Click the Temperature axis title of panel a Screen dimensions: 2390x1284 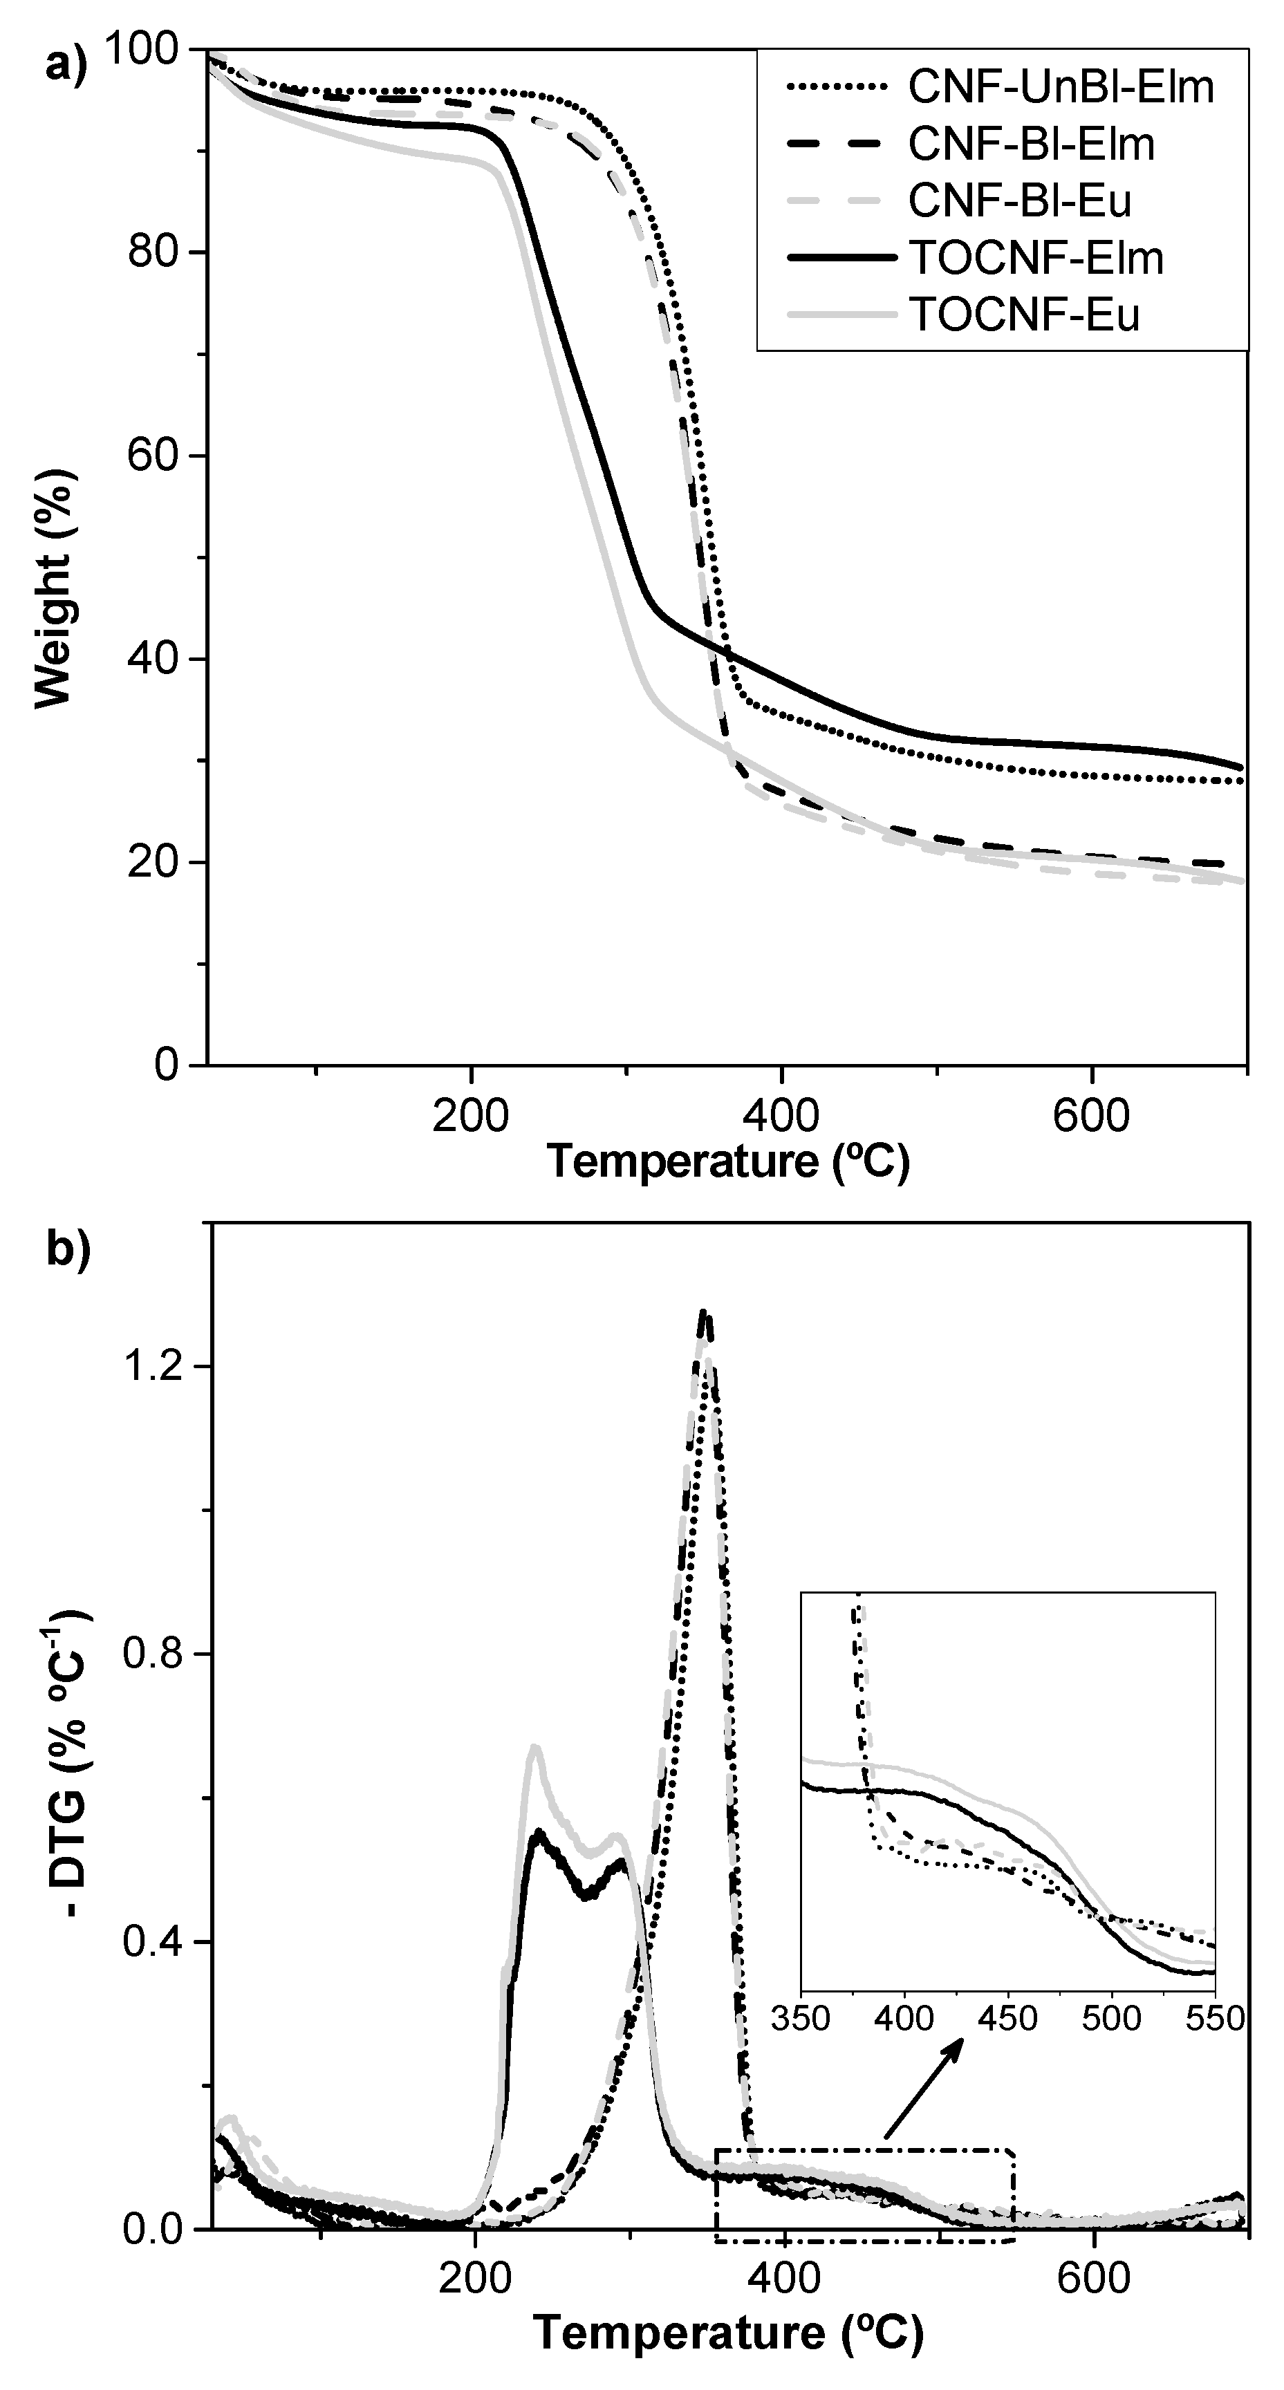[728, 1161]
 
